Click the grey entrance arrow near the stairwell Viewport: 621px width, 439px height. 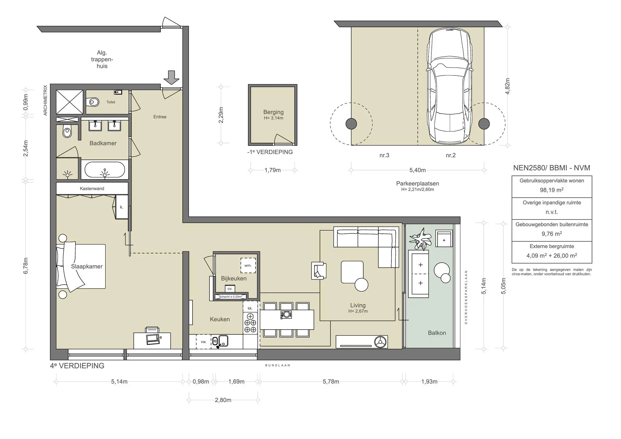point(171,77)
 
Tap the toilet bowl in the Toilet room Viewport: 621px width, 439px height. point(92,102)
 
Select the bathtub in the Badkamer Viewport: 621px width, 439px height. point(105,169)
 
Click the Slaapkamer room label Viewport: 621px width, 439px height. point(87,266)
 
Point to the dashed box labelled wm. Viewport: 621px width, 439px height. point(248,265)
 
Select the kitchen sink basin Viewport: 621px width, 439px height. point(223,341)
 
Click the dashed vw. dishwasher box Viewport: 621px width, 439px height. point(203,342)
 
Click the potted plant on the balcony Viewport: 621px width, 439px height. point(420,238)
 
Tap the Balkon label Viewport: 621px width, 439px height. point(437,333)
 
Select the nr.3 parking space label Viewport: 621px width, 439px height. point(384,155)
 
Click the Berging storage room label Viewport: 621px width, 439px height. point(274,112)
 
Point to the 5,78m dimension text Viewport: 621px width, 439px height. point(331,381)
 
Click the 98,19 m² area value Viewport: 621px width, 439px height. point(552,190)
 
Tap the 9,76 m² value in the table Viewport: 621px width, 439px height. point(552,234)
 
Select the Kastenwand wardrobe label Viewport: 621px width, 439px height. point(92,189)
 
